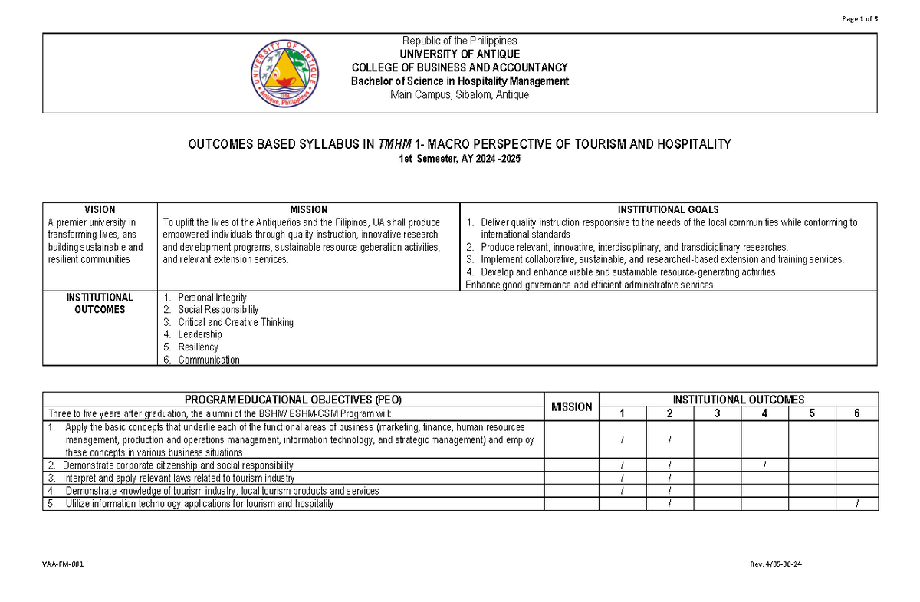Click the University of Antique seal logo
pyautogui.click(x=285, y=74)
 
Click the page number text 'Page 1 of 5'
pyautogui.click(x=859, y=19)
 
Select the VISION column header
pyautogui.click(x=100, y=209)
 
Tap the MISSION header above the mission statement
pyautogui.click(x=308, y=209)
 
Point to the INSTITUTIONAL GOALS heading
pyautogui.click(x=668, y=209)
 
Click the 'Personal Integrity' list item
pyautogui.click(x=212, y=298)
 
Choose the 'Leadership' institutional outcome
pyautogui.click(x=199, y=334)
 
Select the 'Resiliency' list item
pyautogui.click(x=198, y=347)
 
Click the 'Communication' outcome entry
pyautogui.click(x=209, y=360)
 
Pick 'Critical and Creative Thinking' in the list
pyautogui.click(x=235, y=322)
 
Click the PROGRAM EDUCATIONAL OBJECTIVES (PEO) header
pyautogui.click(x=293, y=400)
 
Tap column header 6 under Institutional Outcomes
pyautogui.click(x=856, y=414)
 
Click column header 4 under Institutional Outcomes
pyautogui.click(x=764, y=414)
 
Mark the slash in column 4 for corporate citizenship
pyautogui.click(x=764, y=465)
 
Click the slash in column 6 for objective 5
pyautogui.click(x=856, y=504)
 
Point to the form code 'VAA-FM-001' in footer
pyautogui.click(x=63, y=564)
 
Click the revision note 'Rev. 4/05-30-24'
pyautogui.click(x=776, y=564)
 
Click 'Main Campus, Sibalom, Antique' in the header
pyautogui.click(x=459, y=95)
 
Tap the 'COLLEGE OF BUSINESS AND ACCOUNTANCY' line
pyautogui.click(x=459, y=67)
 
